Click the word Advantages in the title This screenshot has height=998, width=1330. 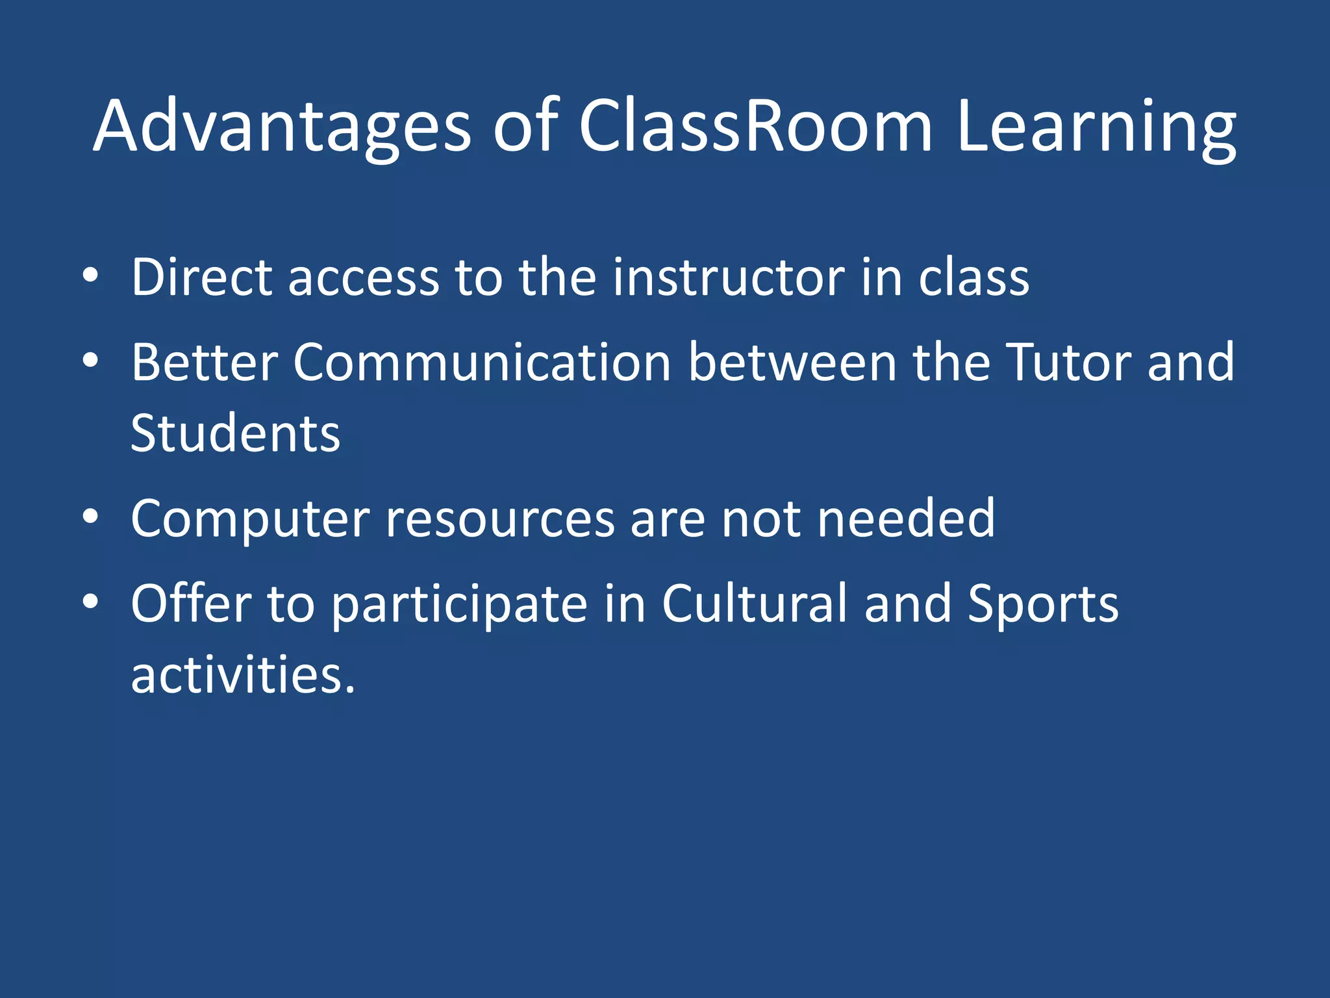pos(282,127)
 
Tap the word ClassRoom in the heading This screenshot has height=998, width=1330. pos(756,127)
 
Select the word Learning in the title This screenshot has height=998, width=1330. pos(1096,127)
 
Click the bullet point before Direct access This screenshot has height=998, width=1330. pos(90,275)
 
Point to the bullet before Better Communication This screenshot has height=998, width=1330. pos(90,360)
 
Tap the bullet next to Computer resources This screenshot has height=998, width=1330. pos(90,517)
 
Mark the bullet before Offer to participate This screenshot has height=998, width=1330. pos(90,602)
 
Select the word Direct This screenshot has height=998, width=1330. pos(201,277)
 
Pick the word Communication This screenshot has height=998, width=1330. pos(482,362)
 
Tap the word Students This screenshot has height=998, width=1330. pos(235,433)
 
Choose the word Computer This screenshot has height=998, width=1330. pos(250,519)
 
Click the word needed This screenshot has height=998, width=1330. pos(906,518)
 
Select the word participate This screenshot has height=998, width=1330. pos(460,605)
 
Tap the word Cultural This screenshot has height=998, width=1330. pos(755,604)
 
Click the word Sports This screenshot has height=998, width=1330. pos(1043,605)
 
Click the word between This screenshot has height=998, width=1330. pos(792,362)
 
